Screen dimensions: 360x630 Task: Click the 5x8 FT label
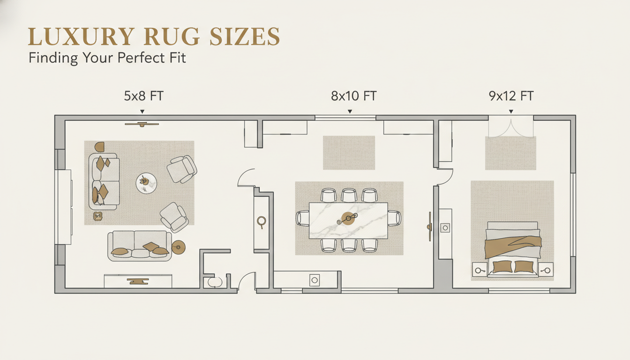[x=143, y=97]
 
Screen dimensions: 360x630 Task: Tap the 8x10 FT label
[x=353, y=97]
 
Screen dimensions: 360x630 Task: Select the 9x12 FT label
[x=511, y=97]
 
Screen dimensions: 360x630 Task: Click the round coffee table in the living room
[x=146, y=183]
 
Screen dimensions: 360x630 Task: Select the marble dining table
[x=348, y=220]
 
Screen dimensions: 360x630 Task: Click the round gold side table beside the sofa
[x=179, y=247]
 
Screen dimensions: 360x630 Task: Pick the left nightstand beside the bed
[x=480, y=270]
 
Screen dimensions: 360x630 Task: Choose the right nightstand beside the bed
[x=546, y=270]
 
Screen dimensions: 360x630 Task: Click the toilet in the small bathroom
[x=215, y=282]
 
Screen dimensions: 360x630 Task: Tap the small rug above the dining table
[x=349, y=153]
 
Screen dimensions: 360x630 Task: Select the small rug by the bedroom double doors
[x=510, y=154]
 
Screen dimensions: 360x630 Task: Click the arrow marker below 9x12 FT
[x=511, y=112]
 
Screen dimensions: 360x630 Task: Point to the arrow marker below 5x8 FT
[x=142, y=112]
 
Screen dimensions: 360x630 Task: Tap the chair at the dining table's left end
[x=302, y=218]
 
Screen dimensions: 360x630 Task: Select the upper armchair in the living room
[x=182, y=169]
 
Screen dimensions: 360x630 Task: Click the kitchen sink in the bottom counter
[x=315, y=280]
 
